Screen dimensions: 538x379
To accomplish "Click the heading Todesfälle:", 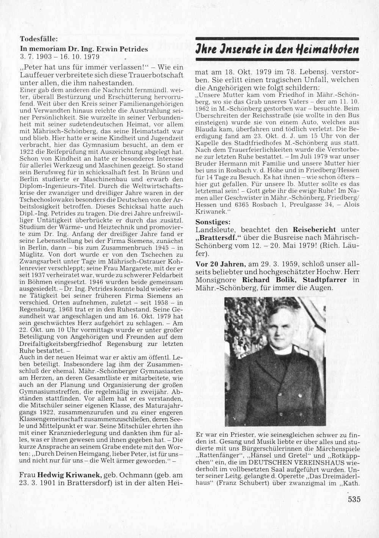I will click(x=39, y=39).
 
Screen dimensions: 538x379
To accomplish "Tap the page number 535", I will click(x=354, y=499).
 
